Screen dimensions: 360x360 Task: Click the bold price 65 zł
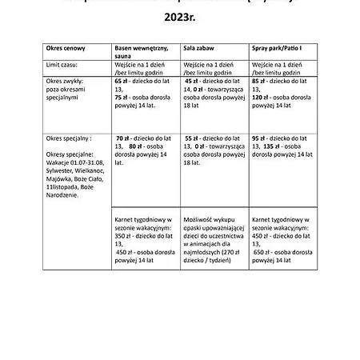tap(122, 82)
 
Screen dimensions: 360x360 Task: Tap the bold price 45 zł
tap(193, 82)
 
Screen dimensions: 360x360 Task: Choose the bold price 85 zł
tap(259, 82)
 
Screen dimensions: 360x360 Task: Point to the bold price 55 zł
tap(193, 138)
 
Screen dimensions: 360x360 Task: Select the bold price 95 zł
tap(260, 138)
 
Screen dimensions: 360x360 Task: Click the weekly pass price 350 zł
tap(123, 237)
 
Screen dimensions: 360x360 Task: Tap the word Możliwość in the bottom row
tap(199, 218)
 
